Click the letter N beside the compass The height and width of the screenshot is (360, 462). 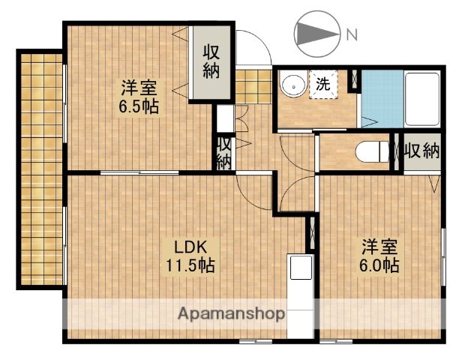(x=352, y=34)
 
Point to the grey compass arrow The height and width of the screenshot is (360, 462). (x=315, y=34)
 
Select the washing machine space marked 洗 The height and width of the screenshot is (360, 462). (x=323, y=84)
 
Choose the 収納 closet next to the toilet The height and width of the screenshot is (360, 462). (x=421, y=152)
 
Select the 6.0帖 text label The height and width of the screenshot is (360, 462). (x=379, y=265)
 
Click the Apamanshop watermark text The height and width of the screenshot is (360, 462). (x=229, y=314)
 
